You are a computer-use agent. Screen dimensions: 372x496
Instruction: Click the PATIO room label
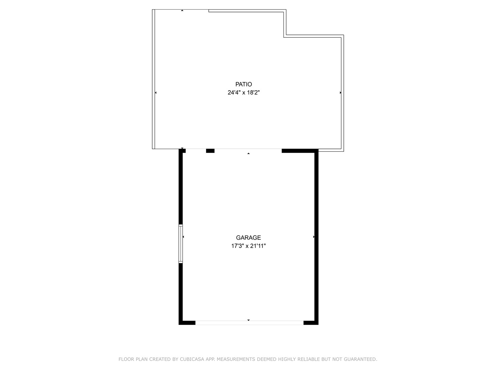tap(244, 84)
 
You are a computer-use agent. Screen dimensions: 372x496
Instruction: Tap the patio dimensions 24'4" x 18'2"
tap(244, 93)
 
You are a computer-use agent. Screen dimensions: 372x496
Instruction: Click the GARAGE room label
tap(248, 238)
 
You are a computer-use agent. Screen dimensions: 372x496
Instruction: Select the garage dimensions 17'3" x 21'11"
tap(248, 246)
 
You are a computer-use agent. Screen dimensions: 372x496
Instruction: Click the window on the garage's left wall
tap(180, 244)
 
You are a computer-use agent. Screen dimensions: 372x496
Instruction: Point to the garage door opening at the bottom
tap(249, 323)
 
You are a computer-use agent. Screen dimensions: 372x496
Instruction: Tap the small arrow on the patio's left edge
tap(156, 93)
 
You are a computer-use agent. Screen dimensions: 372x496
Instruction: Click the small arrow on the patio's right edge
tap(341, 93)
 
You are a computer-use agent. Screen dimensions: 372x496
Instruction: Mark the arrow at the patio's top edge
tap(182, 10)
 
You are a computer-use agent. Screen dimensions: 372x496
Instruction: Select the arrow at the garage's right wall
tap(314, 237)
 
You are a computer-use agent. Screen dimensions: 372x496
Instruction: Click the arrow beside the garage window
tap(183, 237)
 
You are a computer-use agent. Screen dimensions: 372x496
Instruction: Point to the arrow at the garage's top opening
tap(248, 153)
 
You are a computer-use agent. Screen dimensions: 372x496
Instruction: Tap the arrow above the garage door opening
tap(248, 320)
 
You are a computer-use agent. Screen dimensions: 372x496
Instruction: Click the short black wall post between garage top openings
tap(210, 151)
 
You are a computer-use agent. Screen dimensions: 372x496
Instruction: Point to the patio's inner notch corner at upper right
tap(285, 36)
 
